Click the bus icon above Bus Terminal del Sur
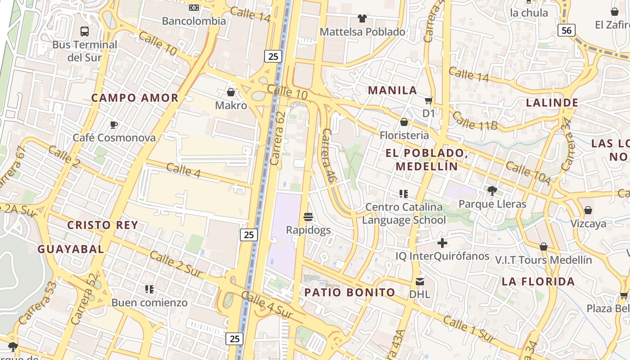(x=85, y=31)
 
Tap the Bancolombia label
(x=194, y=21)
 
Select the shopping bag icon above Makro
(x=231, y=92)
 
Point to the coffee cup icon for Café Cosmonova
(x=114, y=125)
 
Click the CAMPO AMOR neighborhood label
(x=135, y=98)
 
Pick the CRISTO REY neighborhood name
(x=103, y=225)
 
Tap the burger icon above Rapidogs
(x=308, y=217)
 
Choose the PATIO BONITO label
(x=350, y=292)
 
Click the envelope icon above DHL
(x=419, y=282)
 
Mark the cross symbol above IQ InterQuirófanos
(x=442, y=243)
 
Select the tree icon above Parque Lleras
(x=492, y=191)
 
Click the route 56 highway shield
(x=566, y=30)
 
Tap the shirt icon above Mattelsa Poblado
(x=362, y=18)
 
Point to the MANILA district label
(x=392, y=90)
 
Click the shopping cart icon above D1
(x=428, y=100)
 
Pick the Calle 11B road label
(x=474, y=121)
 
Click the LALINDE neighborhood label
(x=552, y=103)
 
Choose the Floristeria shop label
(x=404, y=135)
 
